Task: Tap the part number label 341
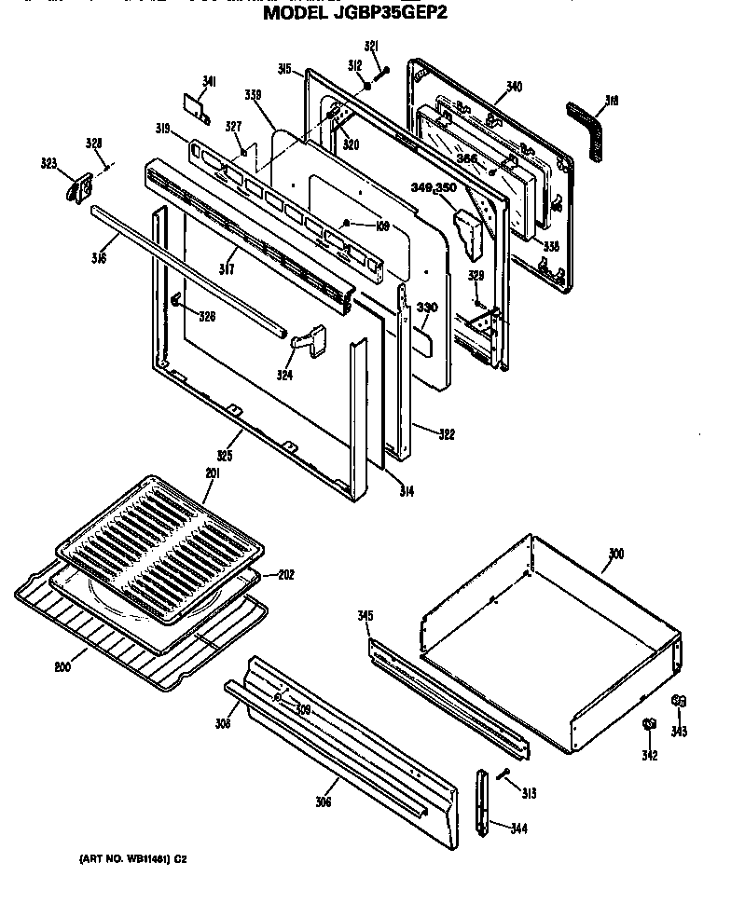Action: pyautogui.click(x=209, y=83)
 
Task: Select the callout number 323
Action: pyautogui.click(x=48, y=164)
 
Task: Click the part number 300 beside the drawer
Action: pyautogui.click(x=614, y=554)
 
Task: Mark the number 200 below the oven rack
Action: pyautogui.click(x=62, y=667)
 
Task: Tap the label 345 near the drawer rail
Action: pyautogui.click(x=365, y=616)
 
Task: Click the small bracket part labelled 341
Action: pyautogui.click(x=196, y=107)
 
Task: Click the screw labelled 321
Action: pyautogui.click(x=382, y=73)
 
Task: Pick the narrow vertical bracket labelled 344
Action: pyautogui.click(x=482, y=801)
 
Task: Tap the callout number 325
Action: pyautogui.click(x=224, y=456)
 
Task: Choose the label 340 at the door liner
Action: pyautogui.click(x=514, y=88)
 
